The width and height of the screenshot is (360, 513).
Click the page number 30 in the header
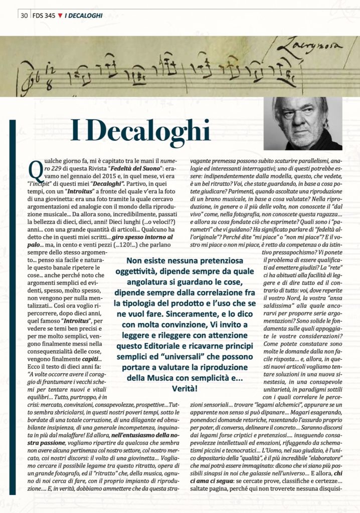tap(24, 15)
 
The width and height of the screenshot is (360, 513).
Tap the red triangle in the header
tap(60, 15)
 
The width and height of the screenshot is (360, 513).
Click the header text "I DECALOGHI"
tap(84, 15)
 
